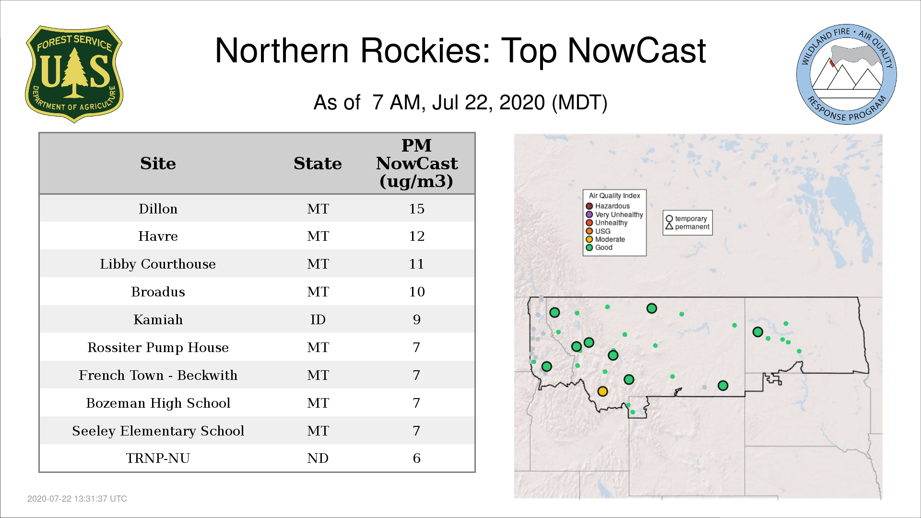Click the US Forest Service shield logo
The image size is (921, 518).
click(74, 74)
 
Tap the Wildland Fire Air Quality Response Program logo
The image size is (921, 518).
click(846, 74)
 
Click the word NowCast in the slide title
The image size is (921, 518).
click(637, 50)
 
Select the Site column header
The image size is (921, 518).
click(158, 164)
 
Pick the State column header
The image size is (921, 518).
click(318, 164)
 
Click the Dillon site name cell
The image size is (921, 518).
click(158, 209)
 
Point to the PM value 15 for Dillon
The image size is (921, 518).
click(416, 209)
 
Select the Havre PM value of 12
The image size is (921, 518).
click(416, 236)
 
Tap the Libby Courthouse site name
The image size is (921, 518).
click(158, 264)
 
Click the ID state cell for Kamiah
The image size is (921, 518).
click(318, 319)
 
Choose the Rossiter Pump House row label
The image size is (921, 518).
click(158, 348)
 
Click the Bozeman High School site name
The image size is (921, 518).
click(158, 403)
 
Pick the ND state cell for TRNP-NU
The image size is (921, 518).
click(318, 458)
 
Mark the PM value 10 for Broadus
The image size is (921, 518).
click(416, 292)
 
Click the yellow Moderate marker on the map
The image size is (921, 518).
click(602, 391)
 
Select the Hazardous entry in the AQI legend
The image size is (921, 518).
click(608, 206)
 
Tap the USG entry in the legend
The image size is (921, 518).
click(598, 231)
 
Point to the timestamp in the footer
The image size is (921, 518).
click(77, 499)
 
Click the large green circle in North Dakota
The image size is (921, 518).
click(757, 332)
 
